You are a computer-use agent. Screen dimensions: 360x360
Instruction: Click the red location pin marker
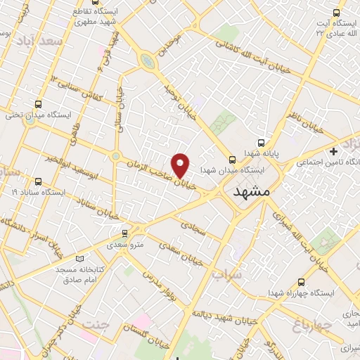[x=181, y=165]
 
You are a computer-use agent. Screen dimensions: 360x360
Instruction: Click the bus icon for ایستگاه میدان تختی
[x=31, y=119]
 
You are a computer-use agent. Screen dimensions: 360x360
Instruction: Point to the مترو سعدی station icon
[x=125, y=233]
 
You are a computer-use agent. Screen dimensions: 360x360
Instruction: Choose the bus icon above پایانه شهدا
[x=261, y=142]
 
